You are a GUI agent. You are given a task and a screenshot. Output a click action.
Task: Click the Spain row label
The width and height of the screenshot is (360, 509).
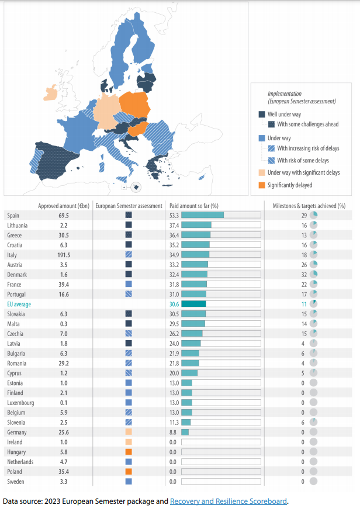[x=13, y=215]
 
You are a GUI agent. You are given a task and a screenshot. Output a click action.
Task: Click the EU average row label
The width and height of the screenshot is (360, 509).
[x=19, y=304]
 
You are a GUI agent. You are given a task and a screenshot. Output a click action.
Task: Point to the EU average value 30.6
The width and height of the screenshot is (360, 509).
[x=173, y=304]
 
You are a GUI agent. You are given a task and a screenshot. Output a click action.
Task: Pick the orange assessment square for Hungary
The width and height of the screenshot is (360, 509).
[x=129, y=452]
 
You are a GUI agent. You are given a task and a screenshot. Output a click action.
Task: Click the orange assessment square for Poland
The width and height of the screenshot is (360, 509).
[x=129, y=472]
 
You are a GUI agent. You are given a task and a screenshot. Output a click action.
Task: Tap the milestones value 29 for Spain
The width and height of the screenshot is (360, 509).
[x=303, y=215]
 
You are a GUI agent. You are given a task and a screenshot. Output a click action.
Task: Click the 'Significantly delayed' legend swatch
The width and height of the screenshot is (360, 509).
[x=262, y=185]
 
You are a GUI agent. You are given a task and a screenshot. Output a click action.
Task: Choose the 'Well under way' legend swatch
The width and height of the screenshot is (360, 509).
[x=262, y=115]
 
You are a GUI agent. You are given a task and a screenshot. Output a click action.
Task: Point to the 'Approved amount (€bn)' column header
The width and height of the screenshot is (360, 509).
[x=64, y=206]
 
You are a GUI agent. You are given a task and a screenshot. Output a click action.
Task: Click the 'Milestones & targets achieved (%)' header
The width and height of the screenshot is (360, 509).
[x=309, y=206]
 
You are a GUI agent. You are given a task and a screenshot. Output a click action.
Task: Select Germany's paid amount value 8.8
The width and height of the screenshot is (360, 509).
[x=173, y=432]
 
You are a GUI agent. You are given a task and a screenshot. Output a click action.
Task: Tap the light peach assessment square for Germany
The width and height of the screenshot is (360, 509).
[x=129, y=432]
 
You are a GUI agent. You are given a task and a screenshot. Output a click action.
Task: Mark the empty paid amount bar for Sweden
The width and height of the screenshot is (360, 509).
[x=220, y=482]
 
